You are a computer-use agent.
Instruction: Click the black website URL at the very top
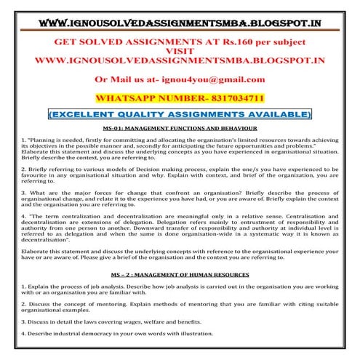click(180, 13)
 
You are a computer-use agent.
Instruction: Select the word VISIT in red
click(180, 51)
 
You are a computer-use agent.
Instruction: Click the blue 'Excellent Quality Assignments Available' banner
click(180, 114)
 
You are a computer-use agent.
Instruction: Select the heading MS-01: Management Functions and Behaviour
click(180, 127)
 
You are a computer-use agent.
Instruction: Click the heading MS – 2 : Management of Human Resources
click(180, 274)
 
